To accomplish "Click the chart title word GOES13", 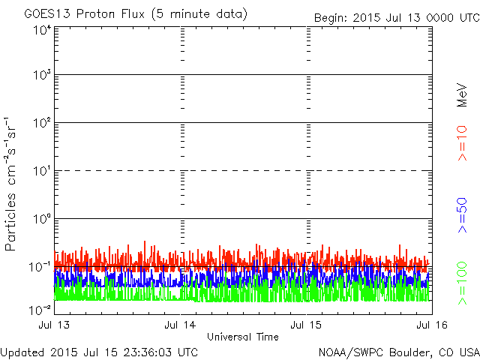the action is coord(48,13).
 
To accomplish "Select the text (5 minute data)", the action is coord(199,14).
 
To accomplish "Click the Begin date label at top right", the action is coord(397,18).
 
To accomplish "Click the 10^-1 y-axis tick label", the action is coord(40,267).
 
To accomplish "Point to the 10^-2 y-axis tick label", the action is coord(40,310).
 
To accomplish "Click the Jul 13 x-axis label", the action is coord(54,325).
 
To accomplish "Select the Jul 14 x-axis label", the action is coord(180,325).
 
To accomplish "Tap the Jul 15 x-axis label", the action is coord(306,325).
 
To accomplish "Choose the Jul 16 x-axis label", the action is coord(432,325).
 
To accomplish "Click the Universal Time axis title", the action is coord(243,337).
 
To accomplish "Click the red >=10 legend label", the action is coord(462,143).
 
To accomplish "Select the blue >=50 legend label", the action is coord(462,215).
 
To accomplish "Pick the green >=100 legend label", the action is coord(462,283).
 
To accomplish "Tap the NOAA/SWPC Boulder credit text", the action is coord(399,352).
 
